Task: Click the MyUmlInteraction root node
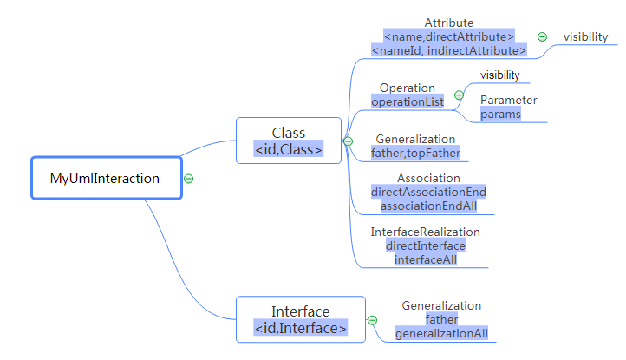coord(107,179)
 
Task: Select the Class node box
coord(289,140)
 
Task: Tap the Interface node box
coord(301,319)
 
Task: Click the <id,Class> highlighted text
coord(289,149)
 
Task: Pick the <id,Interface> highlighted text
coord(301,328)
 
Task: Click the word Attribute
coord(449,23)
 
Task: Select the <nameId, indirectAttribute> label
coord(448,51)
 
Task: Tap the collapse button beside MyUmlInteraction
coord(188,179)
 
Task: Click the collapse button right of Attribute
coord(542,36)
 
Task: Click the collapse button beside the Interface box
coord(373,320)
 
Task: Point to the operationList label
coord(408,101)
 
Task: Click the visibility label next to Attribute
coord(585,36)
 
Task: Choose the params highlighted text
coord(500,114)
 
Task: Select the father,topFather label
coord(415,153)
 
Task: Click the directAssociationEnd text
coord(428,192)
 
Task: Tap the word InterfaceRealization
coord(425,232)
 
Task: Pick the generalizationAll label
coord(441,333)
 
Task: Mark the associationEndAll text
coord(428,206)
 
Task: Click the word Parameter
coord(508,100)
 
